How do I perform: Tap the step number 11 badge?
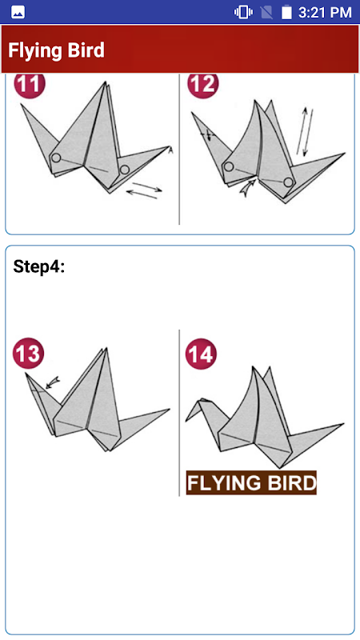click(x=30, y=85)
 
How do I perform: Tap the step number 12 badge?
click(x=203, y=85)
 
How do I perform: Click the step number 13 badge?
click(x=28, y=354)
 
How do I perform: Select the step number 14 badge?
click(x=201, y=354)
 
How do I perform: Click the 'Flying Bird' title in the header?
click(x=56, y=50)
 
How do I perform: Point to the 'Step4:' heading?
click(x=39, y=266)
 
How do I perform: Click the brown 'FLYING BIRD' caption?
click(x=251, y=483)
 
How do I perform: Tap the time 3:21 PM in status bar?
click(x=325, y=12)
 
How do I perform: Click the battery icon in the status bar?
click(x=286, y=12)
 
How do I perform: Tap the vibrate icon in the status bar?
click(x=243, y=12)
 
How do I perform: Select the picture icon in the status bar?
click(x=18, y=12)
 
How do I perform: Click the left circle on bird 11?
click(x=56, y=158)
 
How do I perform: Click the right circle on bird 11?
click(x=125, y=170)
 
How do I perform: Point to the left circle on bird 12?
click(x=229, y=166)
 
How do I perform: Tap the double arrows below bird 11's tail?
click(x=145, y=191)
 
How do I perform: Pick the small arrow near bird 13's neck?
click(x=54, y=382)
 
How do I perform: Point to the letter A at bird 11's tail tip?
click(x=170, y=151)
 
